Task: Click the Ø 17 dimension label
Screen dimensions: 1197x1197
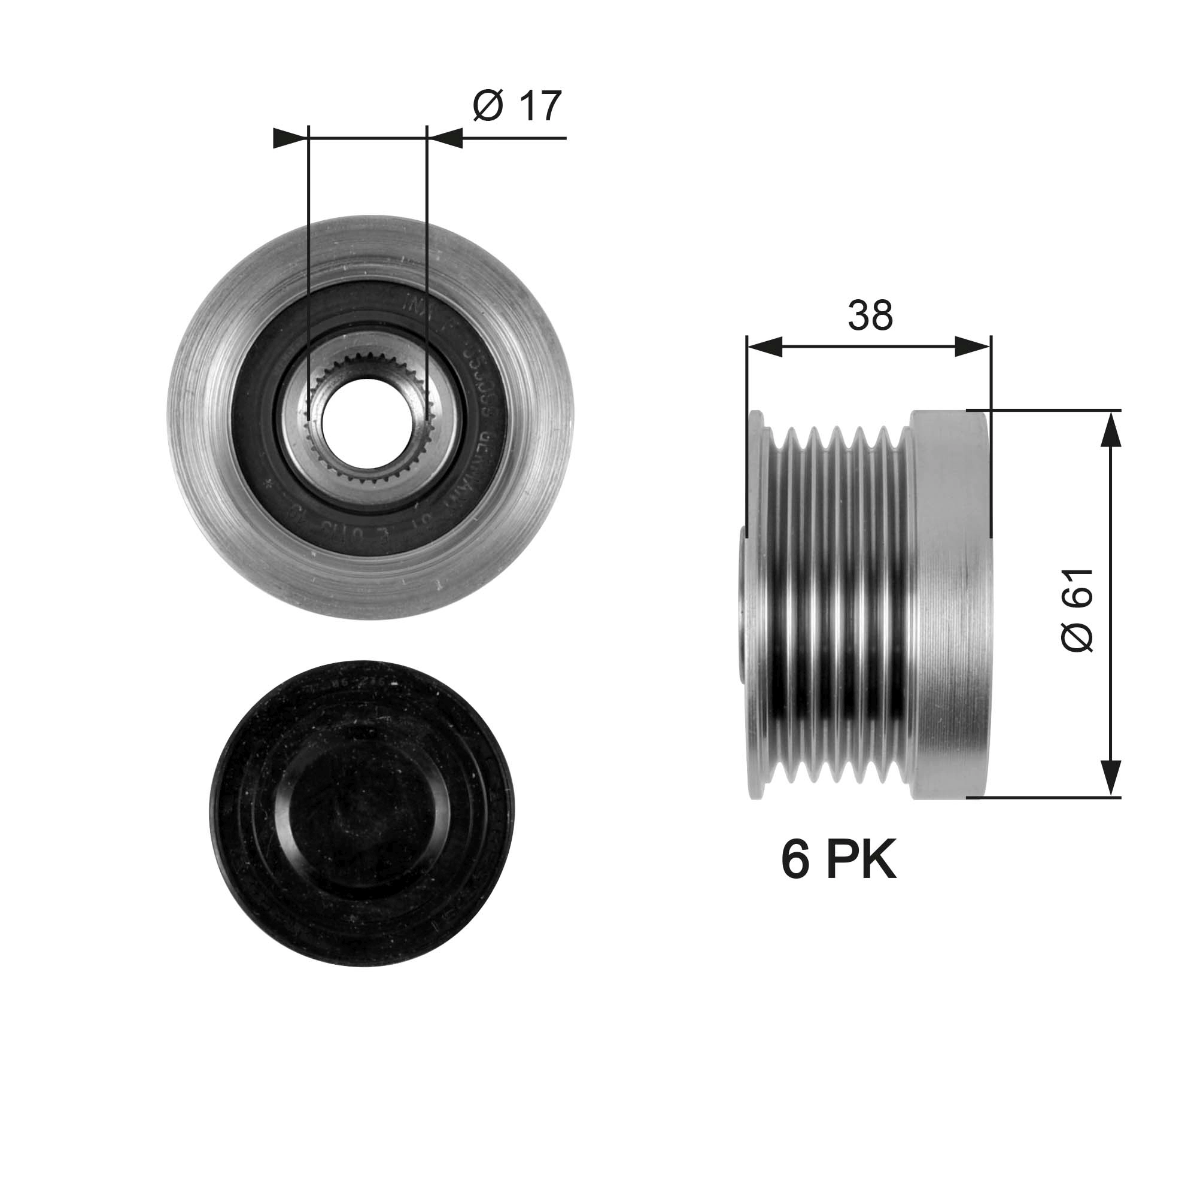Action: tap(517, 107)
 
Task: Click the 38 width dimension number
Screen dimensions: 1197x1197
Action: tap(870, 315)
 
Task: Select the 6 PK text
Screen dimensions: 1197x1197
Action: tap(839, 861)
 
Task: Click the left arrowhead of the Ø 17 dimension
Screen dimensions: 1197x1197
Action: tap(290, 139)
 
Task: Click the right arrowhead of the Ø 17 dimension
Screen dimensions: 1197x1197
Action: tap(445, 139)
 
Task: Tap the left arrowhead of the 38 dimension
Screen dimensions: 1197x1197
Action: tap(765, 347)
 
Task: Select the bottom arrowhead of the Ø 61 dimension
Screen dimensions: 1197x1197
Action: tap(1112, 778)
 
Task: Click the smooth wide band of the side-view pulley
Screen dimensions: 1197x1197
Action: tap(948, 604)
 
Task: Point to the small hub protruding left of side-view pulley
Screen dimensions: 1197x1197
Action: tap(744, 604)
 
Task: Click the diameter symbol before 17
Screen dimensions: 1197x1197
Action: tap(487, 107)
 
